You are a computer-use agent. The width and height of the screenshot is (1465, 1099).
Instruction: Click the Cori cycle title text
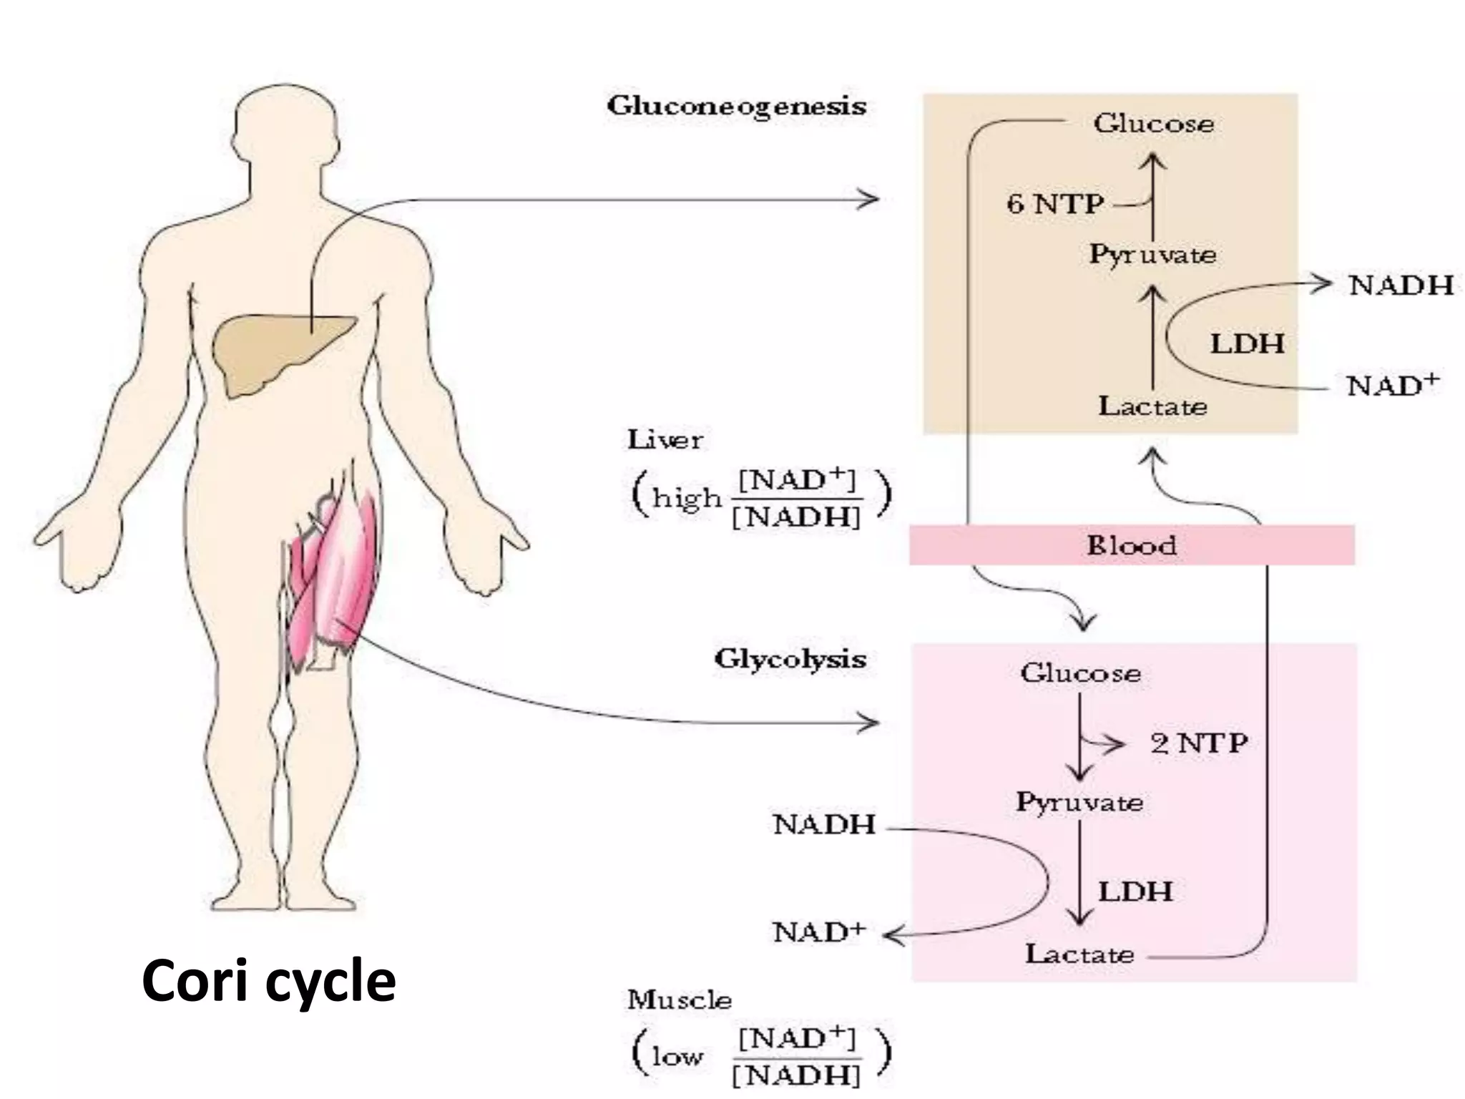coord(268,981)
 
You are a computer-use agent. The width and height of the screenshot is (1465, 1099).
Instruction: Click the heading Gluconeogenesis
coord(736,107)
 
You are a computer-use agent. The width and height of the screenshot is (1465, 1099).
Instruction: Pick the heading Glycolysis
coord(790,658)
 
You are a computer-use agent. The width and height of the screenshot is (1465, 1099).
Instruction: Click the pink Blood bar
coord(1131,545)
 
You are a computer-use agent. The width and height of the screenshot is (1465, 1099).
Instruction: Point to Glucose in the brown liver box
coord(1153,124)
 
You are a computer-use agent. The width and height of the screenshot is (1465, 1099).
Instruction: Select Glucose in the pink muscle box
coord(1080,673)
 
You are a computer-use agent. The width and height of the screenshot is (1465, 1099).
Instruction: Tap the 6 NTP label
coord(1054,205)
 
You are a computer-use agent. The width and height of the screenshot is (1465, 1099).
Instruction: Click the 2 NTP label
coord(1199,743)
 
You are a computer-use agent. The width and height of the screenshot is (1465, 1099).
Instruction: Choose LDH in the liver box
coord(1247,344)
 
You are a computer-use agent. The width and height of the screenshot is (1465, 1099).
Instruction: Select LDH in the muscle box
coord(1135,892)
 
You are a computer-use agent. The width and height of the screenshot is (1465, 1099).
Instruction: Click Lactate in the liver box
coord(1152,406)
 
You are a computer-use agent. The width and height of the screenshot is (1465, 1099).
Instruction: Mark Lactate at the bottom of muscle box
coord(1079,954)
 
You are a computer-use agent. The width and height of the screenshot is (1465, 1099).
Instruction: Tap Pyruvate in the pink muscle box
coord(1079,802)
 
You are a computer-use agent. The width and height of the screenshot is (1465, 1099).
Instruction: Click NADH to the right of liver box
coord(1401,285)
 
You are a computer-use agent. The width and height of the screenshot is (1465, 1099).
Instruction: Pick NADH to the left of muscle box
coord(824,824)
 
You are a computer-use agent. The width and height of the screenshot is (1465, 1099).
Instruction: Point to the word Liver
coord(665,439)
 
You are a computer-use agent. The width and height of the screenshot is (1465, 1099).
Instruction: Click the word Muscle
coord(679,1000)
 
